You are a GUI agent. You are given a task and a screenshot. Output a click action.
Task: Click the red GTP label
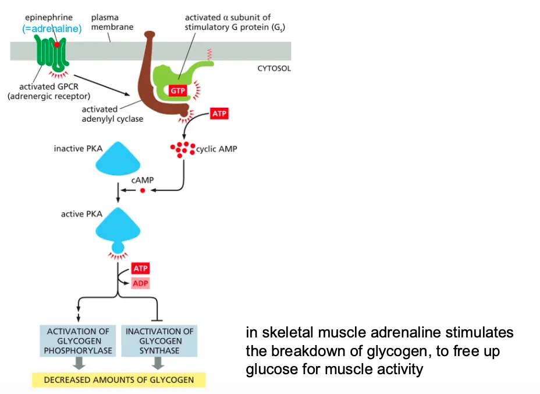(x=177, y=90)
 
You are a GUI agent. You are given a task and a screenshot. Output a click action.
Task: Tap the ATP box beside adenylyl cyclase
(x=219, y=114)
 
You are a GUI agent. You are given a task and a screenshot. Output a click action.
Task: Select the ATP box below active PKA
(x=140, y=268)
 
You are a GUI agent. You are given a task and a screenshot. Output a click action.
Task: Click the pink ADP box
(x=140, y=283)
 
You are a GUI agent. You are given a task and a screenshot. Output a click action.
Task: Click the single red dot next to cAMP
(x=142, y=190)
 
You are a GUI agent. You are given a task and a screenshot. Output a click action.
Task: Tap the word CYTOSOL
(x=274, y=68)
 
